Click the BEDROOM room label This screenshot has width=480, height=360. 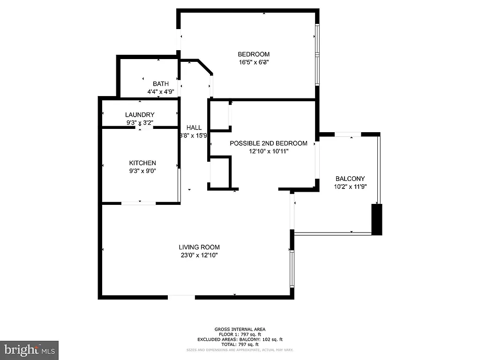(254, 54)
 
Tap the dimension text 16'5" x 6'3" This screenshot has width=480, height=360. (254, 62)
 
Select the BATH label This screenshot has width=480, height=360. (161, 84)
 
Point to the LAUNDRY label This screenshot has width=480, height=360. (140, 115)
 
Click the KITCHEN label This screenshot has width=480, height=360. (142, 163)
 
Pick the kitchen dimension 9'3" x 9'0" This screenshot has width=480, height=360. (142, 171)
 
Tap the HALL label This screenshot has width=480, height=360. (194, 127)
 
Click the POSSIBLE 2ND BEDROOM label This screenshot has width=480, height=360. (269, 143)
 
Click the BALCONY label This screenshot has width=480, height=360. (350, 179)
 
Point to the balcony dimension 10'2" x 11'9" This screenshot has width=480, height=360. (350, 186)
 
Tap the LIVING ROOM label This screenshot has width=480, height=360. (199, 247)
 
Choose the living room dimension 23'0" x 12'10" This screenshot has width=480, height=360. (199, 255)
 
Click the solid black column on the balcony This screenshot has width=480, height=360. (377, 219)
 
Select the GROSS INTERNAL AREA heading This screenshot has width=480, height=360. (240, 329)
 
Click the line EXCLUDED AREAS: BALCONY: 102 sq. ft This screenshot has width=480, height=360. (240, 339)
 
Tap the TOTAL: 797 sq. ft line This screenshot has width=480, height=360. (240, 345)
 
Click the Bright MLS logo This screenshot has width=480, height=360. (29, 350)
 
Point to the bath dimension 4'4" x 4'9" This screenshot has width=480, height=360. (161, 92)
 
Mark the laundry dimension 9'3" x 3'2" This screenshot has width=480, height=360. (140, 123)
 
